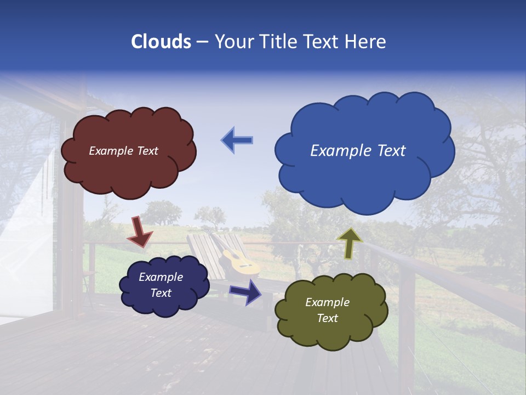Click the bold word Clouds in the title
(161, 42)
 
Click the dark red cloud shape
(129, 170)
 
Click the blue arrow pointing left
(237, 140)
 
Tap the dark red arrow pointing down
(140, 232)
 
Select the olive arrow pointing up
(349, 243)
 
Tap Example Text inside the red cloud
(123, 151)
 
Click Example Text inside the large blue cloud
(358, 151)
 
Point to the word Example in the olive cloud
(327, 302)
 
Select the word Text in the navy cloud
(161, 293)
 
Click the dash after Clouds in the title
(202, 42)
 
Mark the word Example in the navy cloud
(161, 277)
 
